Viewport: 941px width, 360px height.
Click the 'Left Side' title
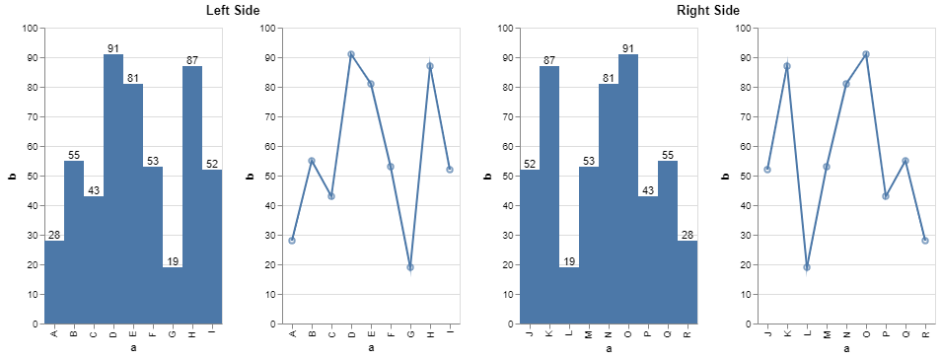point(234,10)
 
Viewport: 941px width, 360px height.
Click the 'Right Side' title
point(708,10)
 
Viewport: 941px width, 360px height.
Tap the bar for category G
point(173,295)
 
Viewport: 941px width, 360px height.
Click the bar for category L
point(569,295)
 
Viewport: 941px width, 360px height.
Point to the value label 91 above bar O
point(628,48)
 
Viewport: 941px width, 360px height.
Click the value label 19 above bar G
point(173,261)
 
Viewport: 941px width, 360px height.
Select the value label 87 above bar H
point(192,60)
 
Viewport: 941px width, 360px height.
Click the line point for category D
point(351,54)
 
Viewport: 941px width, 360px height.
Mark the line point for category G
point(410,267)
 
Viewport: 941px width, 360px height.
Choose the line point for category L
point(807,267)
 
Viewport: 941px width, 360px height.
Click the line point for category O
point(866,54)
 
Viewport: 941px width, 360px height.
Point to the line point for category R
point(925,241)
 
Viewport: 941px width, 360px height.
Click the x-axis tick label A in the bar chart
point(54,333)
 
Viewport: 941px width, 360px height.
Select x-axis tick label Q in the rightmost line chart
point(905,333)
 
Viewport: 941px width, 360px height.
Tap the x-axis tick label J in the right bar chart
point(530,333)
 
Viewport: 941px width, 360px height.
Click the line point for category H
point(430,66)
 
